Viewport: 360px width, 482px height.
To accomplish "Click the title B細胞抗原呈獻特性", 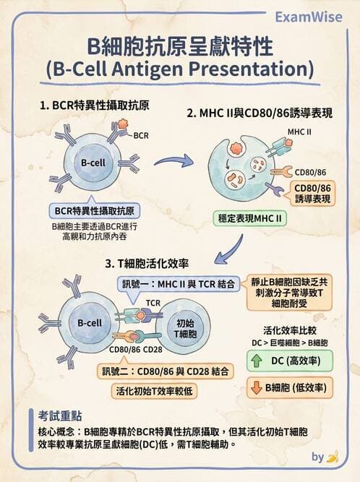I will click(x=179, y=47).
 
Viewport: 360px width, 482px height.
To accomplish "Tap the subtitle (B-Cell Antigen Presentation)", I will click(x=179, y=70).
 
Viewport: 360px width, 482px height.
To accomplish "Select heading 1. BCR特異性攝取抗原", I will click(x=95, y=106).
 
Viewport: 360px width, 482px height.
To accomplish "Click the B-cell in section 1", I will click(x=93, y=163).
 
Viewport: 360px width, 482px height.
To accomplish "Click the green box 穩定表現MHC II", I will click(x=248, y=217).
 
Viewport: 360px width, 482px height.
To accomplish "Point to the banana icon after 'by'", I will click(x=333, y=457).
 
